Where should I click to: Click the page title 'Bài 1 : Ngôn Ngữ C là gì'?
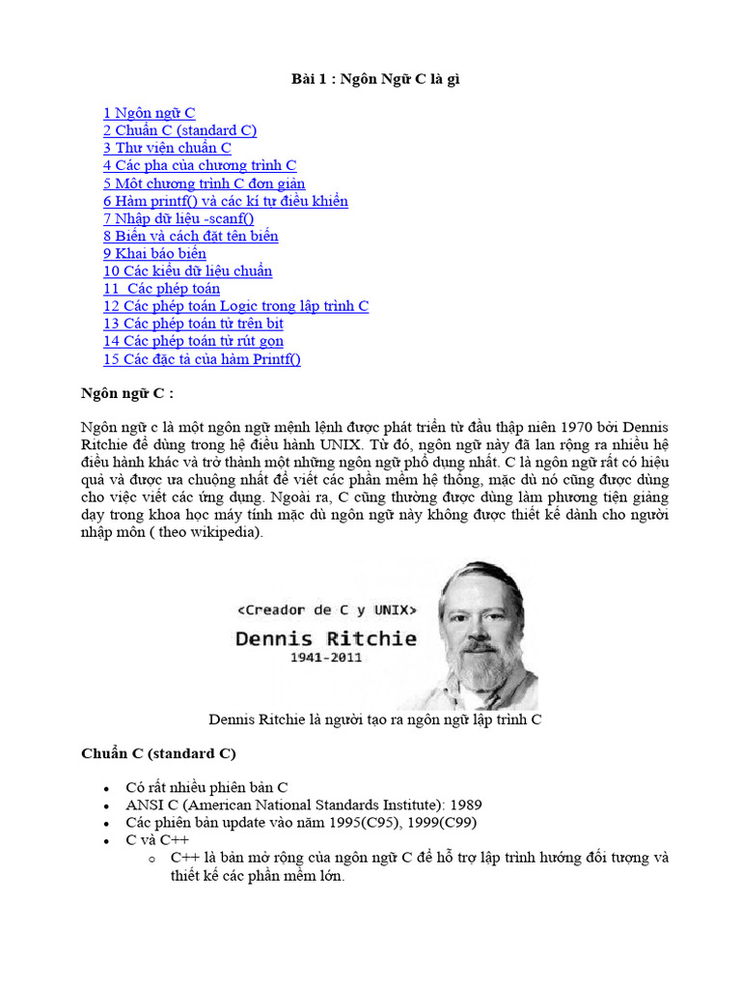pos(375,79)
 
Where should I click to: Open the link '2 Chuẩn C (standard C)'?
pos(179,130)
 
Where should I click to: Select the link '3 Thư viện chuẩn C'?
pos(167,148)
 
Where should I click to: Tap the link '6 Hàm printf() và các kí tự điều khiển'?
pos(225,201)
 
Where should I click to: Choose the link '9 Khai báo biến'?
pos(154,253)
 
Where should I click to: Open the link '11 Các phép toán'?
pos(161,288)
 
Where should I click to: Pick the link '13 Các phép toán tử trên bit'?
pos(193,324)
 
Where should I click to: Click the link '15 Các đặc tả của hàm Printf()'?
pos(202,359)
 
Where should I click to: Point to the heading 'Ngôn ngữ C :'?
pos(126,393)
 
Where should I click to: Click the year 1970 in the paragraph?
pos(567,427)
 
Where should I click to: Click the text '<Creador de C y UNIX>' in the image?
pos(328,610)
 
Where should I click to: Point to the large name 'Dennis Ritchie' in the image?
pos(327,638)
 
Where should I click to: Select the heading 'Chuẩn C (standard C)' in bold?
pos(158,752)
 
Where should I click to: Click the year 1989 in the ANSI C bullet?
pos(463,805)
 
